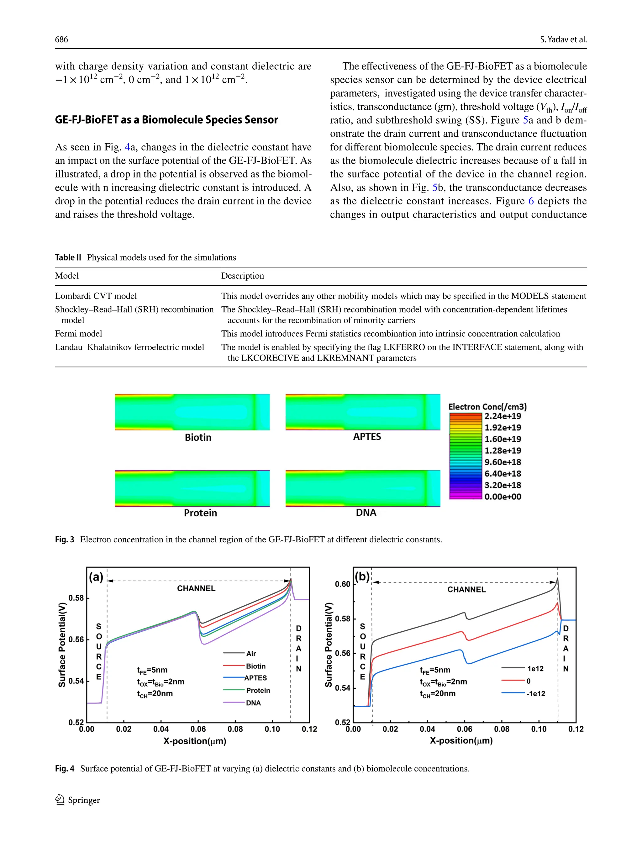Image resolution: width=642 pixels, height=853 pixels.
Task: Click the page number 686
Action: point(61,39)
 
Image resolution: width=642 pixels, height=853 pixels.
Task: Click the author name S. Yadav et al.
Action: point(563,39)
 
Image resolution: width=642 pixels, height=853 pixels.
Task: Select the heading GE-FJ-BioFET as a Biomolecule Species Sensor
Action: point(166,120)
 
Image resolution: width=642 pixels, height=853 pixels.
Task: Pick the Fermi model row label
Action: point(78,334)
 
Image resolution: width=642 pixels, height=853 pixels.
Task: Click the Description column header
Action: point(243,276)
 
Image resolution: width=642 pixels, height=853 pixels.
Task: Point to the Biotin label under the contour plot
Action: point(198,437)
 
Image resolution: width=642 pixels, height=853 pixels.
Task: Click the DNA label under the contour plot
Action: point(366,513)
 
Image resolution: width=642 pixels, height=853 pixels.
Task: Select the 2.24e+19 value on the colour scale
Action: point(503,416)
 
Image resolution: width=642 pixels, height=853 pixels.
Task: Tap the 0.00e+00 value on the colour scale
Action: point(503,497)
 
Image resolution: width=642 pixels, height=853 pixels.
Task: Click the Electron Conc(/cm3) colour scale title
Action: point(487,407)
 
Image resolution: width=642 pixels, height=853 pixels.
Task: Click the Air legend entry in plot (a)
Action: point(251,654)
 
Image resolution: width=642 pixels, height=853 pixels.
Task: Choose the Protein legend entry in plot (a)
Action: point(258,690)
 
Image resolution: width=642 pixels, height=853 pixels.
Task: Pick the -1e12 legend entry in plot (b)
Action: point(536,694)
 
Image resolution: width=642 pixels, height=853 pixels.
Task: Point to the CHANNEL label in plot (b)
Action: point(466,590)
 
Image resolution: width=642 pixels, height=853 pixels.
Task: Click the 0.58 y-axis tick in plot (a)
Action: point(76,598)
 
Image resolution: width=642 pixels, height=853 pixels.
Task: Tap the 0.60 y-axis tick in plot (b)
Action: point(342,584)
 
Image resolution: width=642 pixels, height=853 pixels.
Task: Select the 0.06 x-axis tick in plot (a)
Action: point(198,729)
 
